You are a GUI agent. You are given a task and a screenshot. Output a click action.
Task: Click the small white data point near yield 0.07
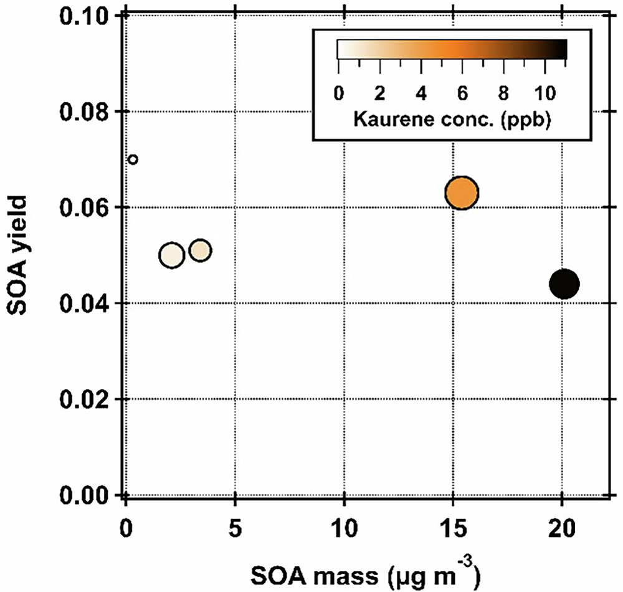[x=132, y=160]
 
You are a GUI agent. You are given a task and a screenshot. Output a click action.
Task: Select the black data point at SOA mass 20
[x=564, y=284]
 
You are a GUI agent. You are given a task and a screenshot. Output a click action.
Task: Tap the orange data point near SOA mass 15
[x=462, y=193]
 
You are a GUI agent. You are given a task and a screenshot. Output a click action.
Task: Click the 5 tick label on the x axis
[x=235, y=523]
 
